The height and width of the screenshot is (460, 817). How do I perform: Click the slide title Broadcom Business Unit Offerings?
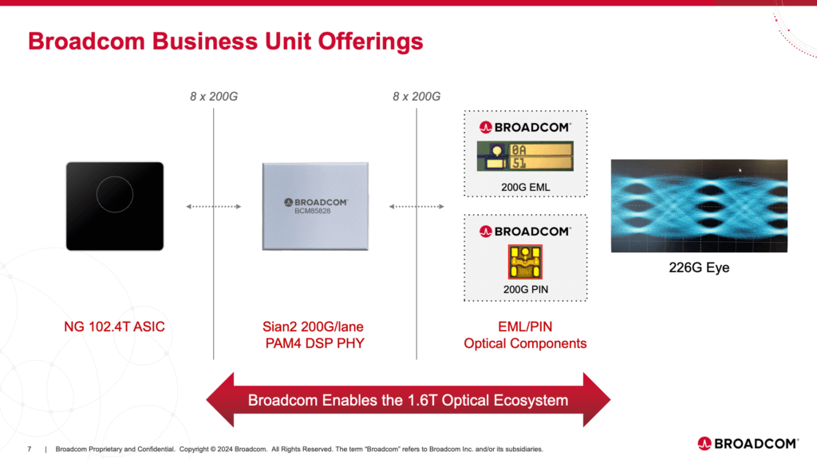tap(225, 41)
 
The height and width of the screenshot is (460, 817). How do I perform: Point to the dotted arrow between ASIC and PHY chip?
tap(213, 207)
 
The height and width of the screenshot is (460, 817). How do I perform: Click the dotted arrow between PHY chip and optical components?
tap(416, 207)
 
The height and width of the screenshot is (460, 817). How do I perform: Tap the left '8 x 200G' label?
tap(213, 97)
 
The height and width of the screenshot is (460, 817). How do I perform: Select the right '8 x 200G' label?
tap(416, 97)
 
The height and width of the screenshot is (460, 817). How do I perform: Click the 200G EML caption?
tap(525, 188)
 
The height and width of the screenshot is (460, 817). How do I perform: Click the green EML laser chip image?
tap(525, 156)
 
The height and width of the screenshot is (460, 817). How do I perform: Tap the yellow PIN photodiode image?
tap(525, 262)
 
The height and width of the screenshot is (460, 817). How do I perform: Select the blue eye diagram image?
tap(699, 206)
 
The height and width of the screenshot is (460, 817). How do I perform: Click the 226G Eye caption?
tap(699, 268)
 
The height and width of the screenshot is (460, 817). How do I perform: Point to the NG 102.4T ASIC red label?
tap(115, 326)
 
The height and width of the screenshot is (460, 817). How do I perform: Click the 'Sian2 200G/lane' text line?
tap(315, 326)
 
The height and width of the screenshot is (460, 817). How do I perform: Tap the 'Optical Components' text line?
tap(525, 343)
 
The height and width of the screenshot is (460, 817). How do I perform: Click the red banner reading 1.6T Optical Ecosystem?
tap(408, 399)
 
